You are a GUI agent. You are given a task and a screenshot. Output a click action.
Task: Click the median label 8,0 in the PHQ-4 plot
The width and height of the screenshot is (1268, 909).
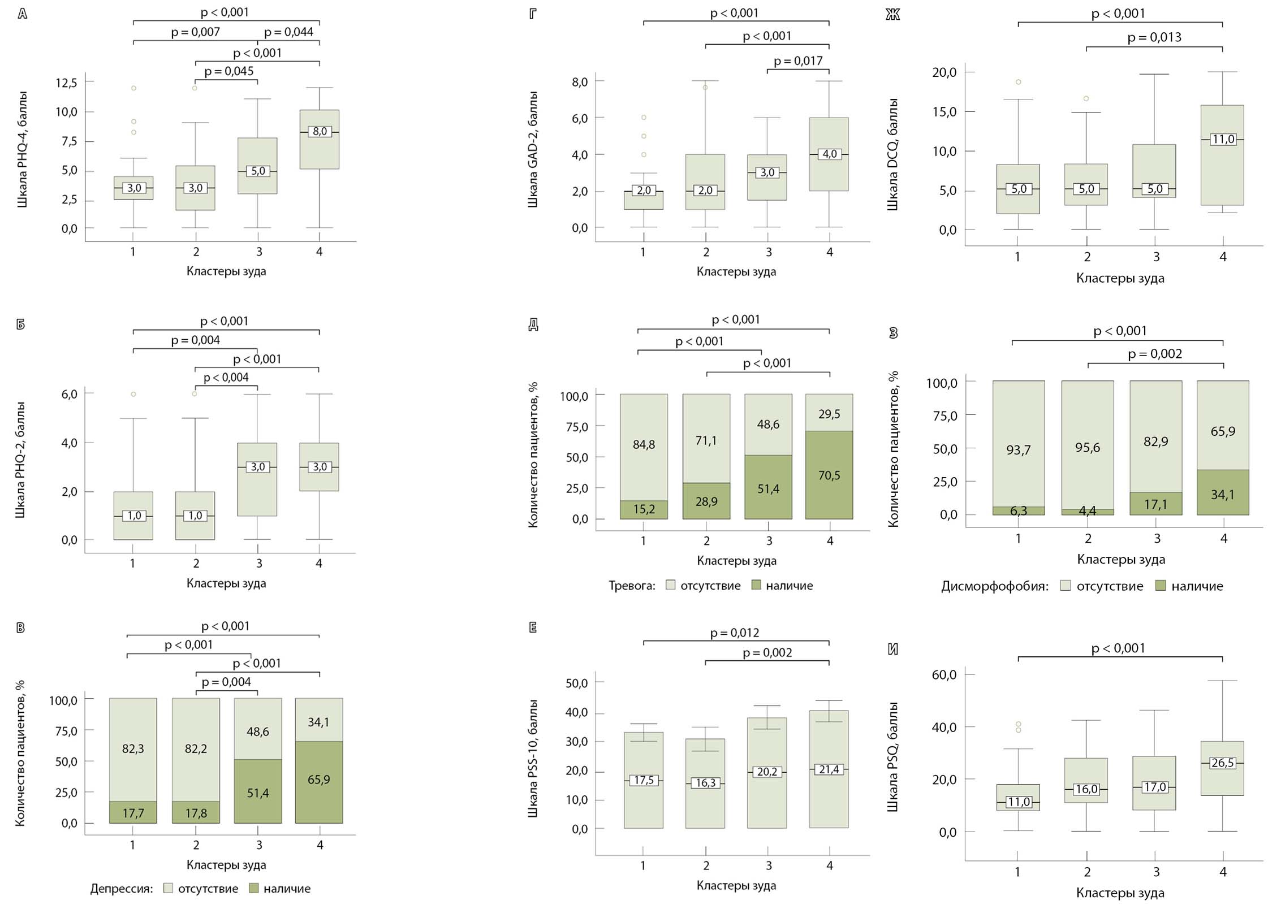pyautogui.click(x=320, y=132)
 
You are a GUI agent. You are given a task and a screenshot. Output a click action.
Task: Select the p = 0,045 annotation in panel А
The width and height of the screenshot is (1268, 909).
pyautogui.click(x=229, y=71)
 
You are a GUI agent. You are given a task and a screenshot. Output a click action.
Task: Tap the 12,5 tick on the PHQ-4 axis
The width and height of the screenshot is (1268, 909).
pyautogui.click(x=66, y=83)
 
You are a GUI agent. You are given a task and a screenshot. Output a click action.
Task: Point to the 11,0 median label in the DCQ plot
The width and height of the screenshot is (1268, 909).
pyautogui.click(x=1223, y=139)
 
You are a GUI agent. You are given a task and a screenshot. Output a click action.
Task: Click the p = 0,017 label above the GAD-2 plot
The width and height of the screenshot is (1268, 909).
pyautogui.click(x=798, y=61)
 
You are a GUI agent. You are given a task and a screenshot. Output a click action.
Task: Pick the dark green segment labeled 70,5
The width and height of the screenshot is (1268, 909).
pyautogui.click(x=829, y=475)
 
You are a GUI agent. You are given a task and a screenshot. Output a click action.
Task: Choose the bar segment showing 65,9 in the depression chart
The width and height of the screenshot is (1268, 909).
pyautogui.click(x=319, y=780)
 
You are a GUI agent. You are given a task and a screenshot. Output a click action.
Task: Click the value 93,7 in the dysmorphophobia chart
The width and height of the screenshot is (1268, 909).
pyautogui.click(x=1018, y=450)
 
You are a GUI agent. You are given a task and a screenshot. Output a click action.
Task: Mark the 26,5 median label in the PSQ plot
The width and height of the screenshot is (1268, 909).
pyautogui.click(x=1223, y=763)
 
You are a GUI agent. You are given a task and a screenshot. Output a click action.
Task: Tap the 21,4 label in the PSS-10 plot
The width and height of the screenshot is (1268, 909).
pyautogui.click(x=829, y=769)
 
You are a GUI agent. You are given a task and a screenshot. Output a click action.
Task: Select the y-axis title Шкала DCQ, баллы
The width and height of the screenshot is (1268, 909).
pyautogui.click(x=892, y=154)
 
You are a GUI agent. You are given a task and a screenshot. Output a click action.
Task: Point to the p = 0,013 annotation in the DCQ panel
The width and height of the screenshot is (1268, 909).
pyautogui.click(x=1154, y=38)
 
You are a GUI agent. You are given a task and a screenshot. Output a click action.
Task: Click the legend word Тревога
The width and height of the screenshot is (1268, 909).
pyautogui.click(x=632, y=586)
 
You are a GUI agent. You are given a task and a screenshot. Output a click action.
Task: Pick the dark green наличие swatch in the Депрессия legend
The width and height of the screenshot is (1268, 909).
pyautogui.click(x=254, y=888)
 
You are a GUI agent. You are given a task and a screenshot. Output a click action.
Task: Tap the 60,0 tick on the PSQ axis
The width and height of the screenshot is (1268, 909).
pyautogui.click(x=944, y=675)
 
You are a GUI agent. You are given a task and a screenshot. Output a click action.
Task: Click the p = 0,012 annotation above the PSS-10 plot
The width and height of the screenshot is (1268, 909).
pyautogui.click(x=735, y=633)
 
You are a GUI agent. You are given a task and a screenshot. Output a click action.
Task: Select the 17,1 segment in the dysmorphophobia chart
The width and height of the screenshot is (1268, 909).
pyautogui.click(x=1155, y=504)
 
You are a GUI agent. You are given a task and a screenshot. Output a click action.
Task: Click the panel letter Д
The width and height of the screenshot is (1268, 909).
pyautogui.click(x=533, y=324)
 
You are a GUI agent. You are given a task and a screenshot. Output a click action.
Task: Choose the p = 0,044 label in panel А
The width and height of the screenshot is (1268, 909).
pyautogui.click(x=288, y=32)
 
